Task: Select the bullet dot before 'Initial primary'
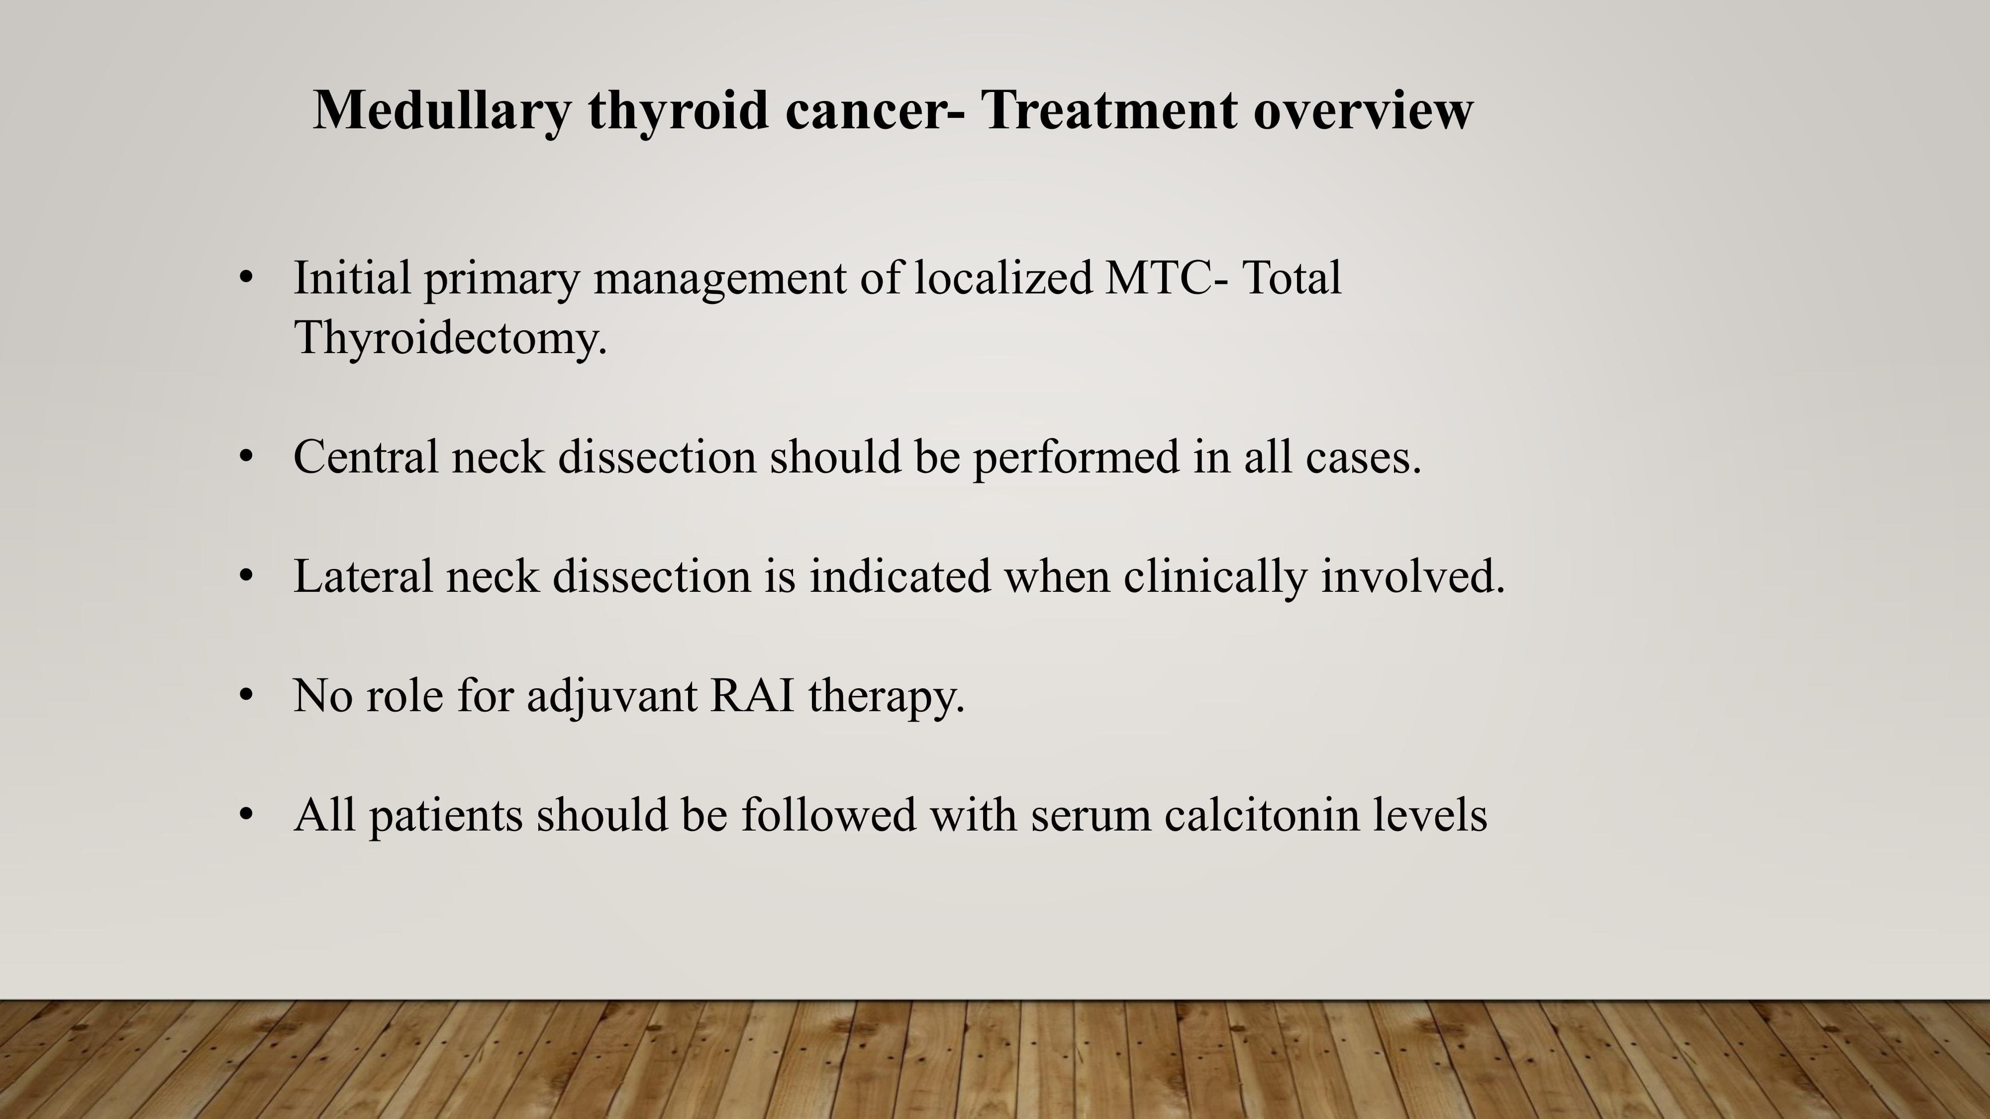click(x=246, y=277)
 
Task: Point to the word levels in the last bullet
click(x=1430, y=814)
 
